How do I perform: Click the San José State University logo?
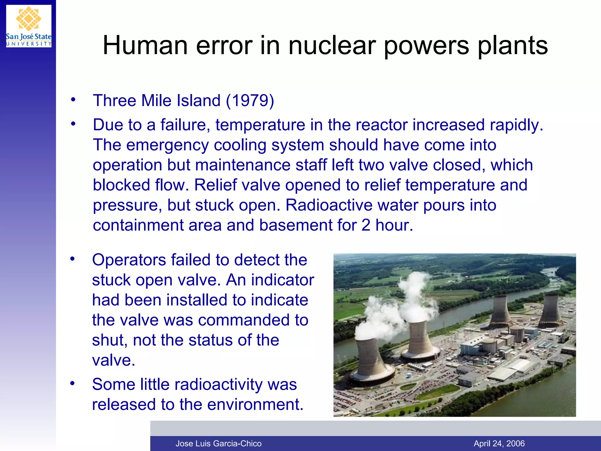click(x=29, y=26)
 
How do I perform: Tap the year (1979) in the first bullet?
click(x=250, y=101)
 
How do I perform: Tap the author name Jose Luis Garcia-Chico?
click(x=218, y=443)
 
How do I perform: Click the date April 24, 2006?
click(x=499, y=443)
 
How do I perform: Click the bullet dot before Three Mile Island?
click(x=73, y=100)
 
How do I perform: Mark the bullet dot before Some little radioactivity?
click(x=72, y=383)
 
